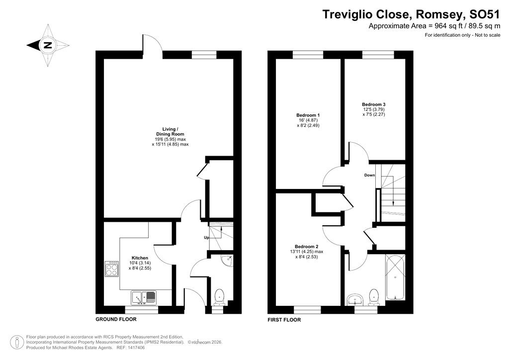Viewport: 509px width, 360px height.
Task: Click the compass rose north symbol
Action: tap(47, 45)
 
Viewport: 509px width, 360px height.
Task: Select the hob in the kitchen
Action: tap(111, 269)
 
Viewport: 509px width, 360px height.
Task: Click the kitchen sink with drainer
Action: tap(144, 297)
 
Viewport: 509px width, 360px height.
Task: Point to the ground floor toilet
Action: tap(219, 297)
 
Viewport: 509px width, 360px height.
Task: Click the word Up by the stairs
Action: tap(206, 238)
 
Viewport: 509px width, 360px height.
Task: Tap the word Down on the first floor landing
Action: tap(369, 175)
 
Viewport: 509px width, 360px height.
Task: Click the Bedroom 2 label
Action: tap(306, 247)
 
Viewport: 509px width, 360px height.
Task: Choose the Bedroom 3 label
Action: tap(373, 104)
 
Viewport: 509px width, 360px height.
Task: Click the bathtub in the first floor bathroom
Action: tap(395, 278)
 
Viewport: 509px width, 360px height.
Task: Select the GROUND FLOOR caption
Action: tap(116, 319)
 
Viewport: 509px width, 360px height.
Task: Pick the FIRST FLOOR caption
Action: tap(284, 320)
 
